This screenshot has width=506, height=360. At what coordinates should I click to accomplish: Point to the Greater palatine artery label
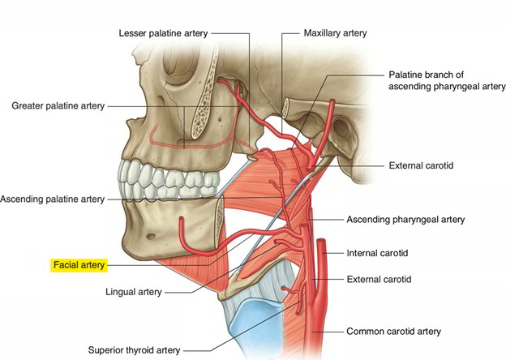coord(57,105)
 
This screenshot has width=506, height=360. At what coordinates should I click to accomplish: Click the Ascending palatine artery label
coord(52,199)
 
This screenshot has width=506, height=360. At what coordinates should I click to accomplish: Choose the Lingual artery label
coord(135,291)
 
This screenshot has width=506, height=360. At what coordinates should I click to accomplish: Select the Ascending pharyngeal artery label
coord(405,219)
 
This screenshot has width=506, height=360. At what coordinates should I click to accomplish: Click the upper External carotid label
coord(421,165)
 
